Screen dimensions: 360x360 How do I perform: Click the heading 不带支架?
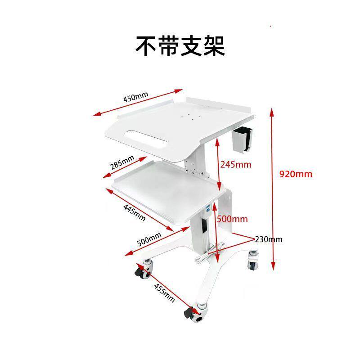(x=180, y=46)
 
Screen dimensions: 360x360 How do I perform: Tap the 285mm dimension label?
(x=122, y=162)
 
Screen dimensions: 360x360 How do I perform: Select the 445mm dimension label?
(x=134, y=212)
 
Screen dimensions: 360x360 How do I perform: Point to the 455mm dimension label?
(x=164, y=292)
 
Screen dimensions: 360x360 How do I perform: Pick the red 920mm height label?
(x=296, y=174)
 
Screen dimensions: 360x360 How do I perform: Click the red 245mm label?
(x=236, y=165)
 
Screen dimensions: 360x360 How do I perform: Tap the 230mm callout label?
(x=268, y=239)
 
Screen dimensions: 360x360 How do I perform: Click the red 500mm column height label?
(x=232, y=219)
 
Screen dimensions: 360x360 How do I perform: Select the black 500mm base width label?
(x=149, y=239)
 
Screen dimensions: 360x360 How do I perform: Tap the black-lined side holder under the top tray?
(x=243, y=139)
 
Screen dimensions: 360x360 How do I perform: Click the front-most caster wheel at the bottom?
(x=196, y=312)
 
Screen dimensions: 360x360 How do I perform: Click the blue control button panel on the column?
(x=208, y=208)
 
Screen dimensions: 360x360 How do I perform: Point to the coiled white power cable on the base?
(x=209, y=252)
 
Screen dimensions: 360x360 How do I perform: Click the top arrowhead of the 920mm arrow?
(x=272, y=112)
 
